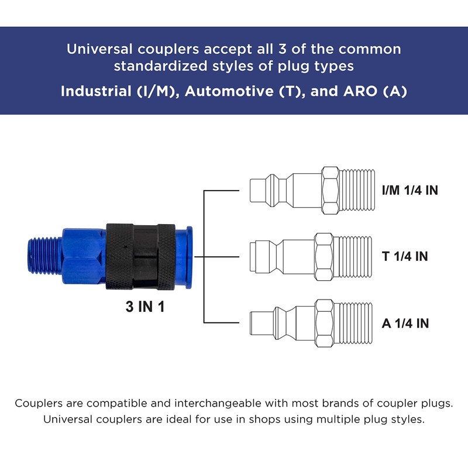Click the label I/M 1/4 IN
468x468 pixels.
pyautogui.click(x=410, y=191)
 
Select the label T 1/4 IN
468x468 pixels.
pyautogui.click(x=405, y=256)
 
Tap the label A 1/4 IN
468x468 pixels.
pyautogui.click(x=405, y=324)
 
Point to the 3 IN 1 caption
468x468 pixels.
pyautogui.click(x=145, y=307)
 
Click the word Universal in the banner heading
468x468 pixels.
pyautogui.click(x=99, y=49)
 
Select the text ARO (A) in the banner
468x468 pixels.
pyautogui.click(x=375, y=91)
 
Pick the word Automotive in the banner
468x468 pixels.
pyautogui.click(x=229, y=91)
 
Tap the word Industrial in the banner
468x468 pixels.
pyautogui.click(x=96, y=91)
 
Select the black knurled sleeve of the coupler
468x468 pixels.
pyautogui.click(x=140, y=256)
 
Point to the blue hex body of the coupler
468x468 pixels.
pyautogui.click(x=84, y=256)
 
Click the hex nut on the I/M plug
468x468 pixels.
pyautogui.click(x=331, y=191)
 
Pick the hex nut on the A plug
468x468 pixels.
pyautogui.click(x=325, y=324)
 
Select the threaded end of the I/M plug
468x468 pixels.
pyautogui.click(x=357, y=191)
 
